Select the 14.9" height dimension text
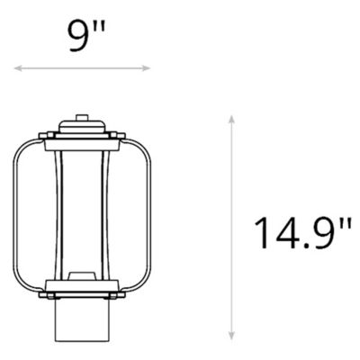tap(301, 232)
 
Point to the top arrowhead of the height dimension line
tap(232, 118)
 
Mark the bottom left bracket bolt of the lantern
tap(49, 293)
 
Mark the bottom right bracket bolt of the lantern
tap(115, 293)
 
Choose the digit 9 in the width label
tap(76, 37)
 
